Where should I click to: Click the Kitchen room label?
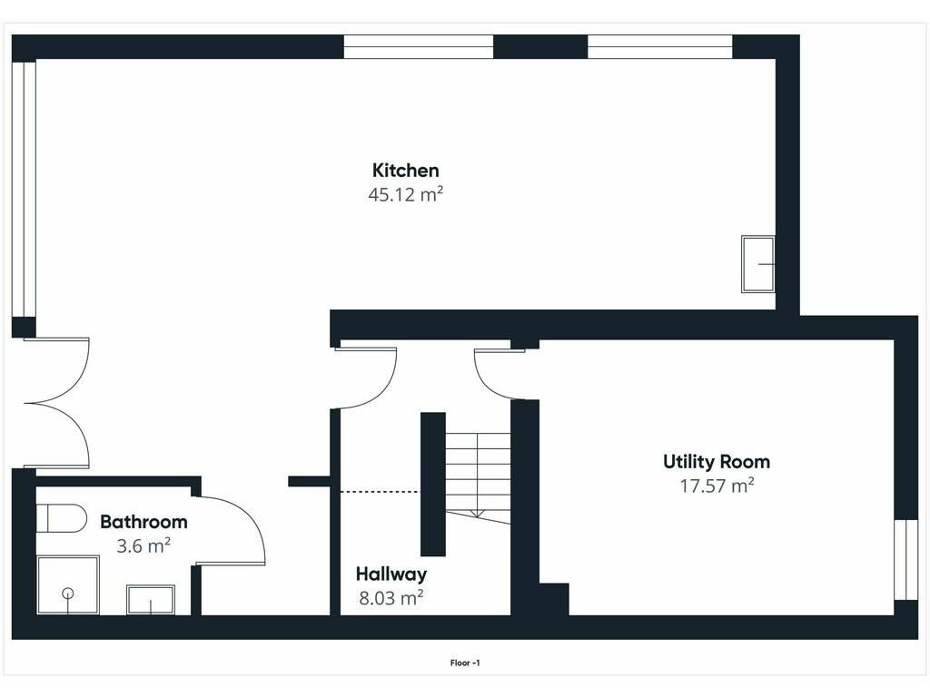pos(406,171)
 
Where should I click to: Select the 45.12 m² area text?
pos(406,194)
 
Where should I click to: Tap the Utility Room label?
pos(717,462)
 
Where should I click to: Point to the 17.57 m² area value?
pos(717,486)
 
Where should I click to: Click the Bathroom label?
pos(143,522)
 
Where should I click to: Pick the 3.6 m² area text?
pos(143,545)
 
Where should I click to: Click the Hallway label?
pos(391,574)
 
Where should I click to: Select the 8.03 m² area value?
pos(391,597)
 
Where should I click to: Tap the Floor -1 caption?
pos(465,663)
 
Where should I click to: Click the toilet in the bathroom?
pos(62,518)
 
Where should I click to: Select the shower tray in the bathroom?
pos(67,585)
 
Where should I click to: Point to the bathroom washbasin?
pos(151,600)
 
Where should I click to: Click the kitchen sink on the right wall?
pos(758,264)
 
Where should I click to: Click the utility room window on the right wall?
pos(905,560)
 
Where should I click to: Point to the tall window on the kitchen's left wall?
pos(24,189)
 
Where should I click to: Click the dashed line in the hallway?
pos(380,491)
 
